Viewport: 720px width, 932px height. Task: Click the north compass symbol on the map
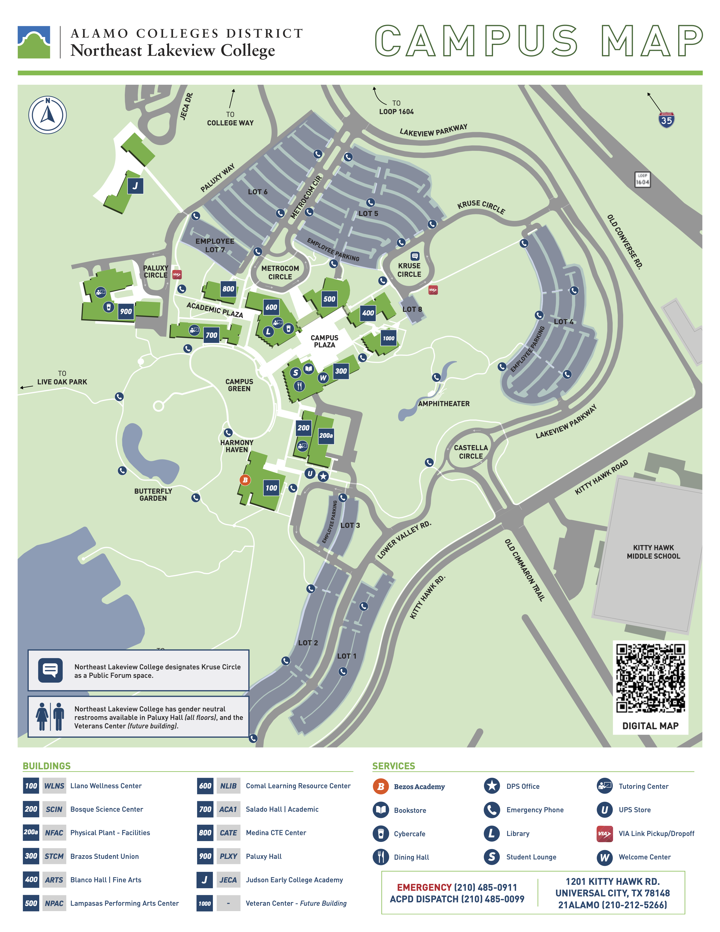click(x=47, y=115)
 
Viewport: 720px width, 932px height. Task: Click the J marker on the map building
click(x=135, y=186)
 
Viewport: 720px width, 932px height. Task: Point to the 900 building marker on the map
click(x=126, y=311)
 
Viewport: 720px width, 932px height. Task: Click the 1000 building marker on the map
click(x=388, y=338)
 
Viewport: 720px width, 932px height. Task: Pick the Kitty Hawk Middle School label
click(x=653, y=552)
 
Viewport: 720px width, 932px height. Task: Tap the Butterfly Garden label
click(x=153, y=495)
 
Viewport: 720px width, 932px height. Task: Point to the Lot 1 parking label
click(x=346, y=656)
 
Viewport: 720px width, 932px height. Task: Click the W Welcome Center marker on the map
click(x=323, y=378)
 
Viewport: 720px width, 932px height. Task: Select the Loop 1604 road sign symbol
click(x=642, y=180)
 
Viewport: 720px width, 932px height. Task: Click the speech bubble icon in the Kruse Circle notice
click(x=50, y=670)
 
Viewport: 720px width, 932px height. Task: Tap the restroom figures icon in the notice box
click(x=50, y=717)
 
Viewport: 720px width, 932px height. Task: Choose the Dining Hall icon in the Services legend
click(x=381, y=857)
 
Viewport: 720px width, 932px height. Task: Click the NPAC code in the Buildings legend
click(x=54, y=903)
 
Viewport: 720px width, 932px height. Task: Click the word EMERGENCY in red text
click(x=424, y=887)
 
